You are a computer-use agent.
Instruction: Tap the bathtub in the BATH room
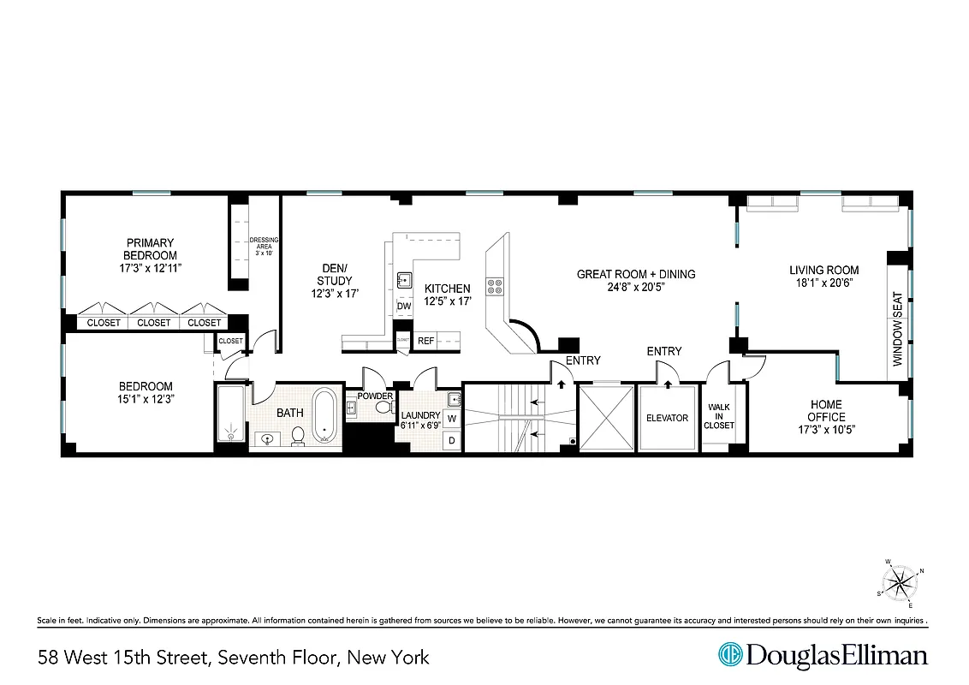pos(324,415)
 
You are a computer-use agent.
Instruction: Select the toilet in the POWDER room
pos(383,408)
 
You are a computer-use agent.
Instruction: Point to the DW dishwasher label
pos(404,307)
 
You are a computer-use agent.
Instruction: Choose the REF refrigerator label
pos(425,341)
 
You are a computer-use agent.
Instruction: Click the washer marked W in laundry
pos(452,419)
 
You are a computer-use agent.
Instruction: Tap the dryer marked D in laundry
pos(452,440)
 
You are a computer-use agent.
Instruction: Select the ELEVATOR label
pos(667,418)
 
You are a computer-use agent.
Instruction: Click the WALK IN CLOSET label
pos(719,416)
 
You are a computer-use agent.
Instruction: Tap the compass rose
pos(900,585)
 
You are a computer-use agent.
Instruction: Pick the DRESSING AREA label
pos(264,247)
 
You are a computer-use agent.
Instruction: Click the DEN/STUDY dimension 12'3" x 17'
pos(334,294)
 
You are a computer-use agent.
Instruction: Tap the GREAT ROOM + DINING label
pos(635,274)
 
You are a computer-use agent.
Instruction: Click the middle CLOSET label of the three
pos(154,323)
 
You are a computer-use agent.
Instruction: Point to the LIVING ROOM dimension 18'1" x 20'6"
pos(823,283)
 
